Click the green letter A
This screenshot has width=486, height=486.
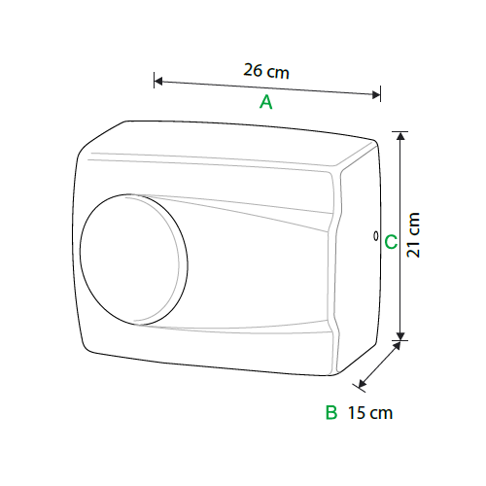(266, 102)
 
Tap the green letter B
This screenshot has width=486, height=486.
(331, 412)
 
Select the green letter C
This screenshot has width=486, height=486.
(391, 242)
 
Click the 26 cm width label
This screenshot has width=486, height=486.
(266, 71)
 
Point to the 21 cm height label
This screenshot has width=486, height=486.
(413, 235)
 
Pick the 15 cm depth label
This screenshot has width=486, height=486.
(370, 413)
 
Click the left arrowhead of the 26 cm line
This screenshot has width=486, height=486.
(158, 81)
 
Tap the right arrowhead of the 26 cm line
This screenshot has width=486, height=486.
(376, 94)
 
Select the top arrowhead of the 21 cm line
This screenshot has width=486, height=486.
(400, 136)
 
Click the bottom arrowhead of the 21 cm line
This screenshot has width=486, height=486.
(400, 336)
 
